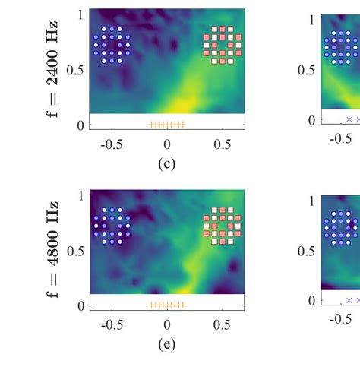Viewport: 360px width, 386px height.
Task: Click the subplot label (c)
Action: (166, 163)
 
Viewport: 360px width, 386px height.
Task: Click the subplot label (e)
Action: (166, 344)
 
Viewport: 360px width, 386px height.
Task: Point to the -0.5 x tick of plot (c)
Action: (112, 144)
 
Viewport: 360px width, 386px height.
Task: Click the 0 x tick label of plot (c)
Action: (167, 144)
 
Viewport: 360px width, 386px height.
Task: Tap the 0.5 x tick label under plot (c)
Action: (222, 144)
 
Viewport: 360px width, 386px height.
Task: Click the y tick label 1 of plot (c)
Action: (81, 14)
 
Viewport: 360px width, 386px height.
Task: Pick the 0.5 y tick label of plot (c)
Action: (74, 70)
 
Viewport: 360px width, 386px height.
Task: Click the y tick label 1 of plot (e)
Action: (81, 195)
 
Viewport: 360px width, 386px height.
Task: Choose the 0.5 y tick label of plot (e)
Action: (74, 251)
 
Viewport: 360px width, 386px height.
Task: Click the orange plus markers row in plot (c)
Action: (166, 125)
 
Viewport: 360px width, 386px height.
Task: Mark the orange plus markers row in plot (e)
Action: (166, 305)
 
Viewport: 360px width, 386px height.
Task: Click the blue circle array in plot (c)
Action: (112, 45)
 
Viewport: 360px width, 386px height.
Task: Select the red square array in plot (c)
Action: (223, 45)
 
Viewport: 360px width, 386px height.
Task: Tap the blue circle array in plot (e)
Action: (112, 226)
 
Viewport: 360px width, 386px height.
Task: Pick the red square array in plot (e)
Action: (223, 226)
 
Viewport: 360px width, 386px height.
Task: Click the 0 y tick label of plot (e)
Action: (81, 305)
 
